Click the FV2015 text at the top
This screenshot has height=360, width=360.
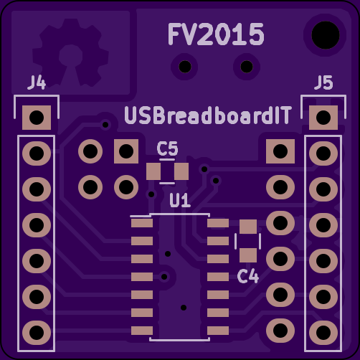pyautogui.click(x=216, y=34)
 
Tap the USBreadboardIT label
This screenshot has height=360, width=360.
pyautogui.click(x=208, y=115)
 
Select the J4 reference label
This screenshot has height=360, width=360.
pyautogui.click(x=37, y=82)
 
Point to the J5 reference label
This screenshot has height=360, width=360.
pyautogui.click(x=323, y=82)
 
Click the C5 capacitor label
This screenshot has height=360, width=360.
pyautogui.click(x=167, y=148)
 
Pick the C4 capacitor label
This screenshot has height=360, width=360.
pyautogui.click(x=248, y=276)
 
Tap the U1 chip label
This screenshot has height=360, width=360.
pyautogui.click(x=180, y=200)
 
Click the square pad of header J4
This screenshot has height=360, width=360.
pyautogui.click(x=37, y=118)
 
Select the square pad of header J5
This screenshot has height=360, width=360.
pyautogui.click(x=323, y=118)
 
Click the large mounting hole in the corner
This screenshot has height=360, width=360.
pyautogui.click(x=326, y=35)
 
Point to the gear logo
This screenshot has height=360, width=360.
pyautogui.click(x=70, y=53)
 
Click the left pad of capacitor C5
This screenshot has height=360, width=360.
pyautogui.click(x=153, y=171)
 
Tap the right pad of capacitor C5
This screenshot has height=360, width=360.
pyautogui.click(x=181, y=171)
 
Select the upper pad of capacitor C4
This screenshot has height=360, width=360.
pyautogui.click(x=248, y=227)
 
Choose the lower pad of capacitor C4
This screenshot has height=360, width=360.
pyautogui.click(x=248, y=255)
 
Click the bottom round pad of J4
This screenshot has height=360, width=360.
pyautogui.click(x=37, y=333)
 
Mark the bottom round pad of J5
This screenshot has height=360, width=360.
pyautogui.click(x=323, y=333)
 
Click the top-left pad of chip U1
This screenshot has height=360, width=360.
pyautogui.click(x=142, y=223)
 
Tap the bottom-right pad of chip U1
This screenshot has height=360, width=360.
pyautogui.click(x=218, y=331)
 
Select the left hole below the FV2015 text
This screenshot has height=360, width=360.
pyautogui.click(x=185, y=67)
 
